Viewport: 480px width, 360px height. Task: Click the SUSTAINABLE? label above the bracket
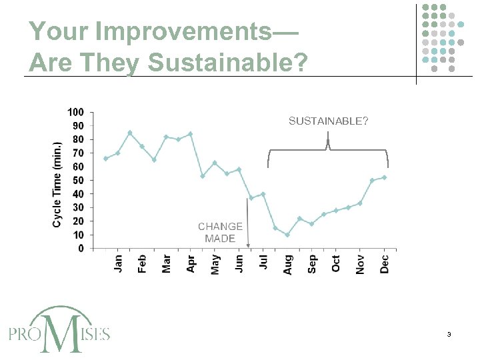point(327,121)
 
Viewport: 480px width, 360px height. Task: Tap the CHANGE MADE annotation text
point(220,233)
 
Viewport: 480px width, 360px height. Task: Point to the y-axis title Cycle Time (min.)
point(57,184)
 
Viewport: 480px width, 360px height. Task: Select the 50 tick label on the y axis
point(78,180)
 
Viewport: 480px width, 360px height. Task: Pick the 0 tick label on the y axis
point(81,249)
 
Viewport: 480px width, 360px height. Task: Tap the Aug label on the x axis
point(287,265)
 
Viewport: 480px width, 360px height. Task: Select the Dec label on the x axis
point(384,263)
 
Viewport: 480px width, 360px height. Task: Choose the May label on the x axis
point(215,264)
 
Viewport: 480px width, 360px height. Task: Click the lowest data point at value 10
point(287,235)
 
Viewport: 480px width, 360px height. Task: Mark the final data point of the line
point(384,177)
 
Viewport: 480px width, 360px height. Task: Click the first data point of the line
point(106,158)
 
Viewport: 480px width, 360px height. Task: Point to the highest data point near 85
point(130,133)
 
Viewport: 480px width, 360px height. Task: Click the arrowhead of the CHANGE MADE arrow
point(248,246)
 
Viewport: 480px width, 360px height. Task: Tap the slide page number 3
point(450,334)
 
